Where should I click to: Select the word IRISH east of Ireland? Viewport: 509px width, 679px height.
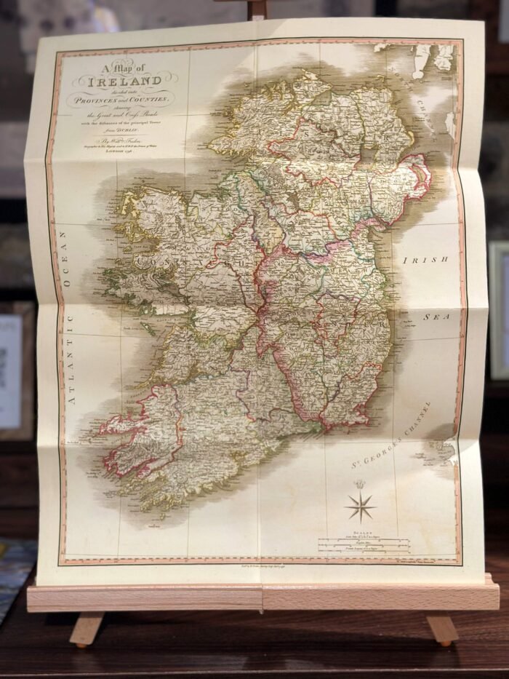[425, 260]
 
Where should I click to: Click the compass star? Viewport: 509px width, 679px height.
[359, 505]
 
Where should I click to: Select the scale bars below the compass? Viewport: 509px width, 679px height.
[364, 543]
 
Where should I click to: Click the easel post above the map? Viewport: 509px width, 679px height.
[255, 9]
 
